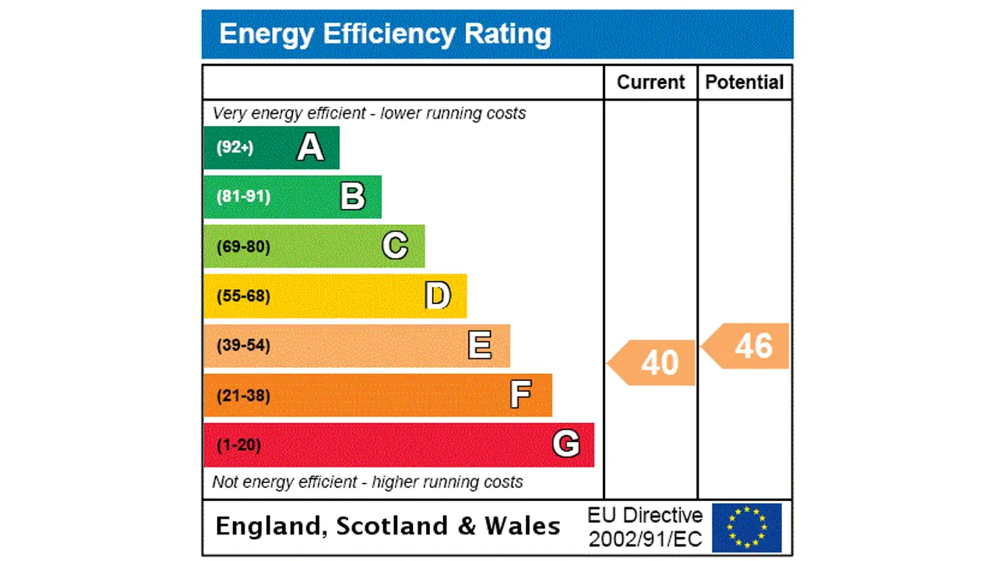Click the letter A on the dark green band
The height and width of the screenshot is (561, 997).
310,147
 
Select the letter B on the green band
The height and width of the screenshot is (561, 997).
353,196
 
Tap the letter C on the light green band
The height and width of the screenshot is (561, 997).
395,246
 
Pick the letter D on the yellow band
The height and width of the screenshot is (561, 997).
438,296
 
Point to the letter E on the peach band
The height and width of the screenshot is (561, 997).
480,345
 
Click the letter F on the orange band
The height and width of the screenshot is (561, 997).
520,395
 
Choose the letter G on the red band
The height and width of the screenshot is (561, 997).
565,444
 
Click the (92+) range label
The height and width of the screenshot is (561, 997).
234,147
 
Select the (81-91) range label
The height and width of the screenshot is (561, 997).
243,196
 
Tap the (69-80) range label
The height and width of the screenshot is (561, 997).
243,247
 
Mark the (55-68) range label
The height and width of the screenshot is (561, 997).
243,296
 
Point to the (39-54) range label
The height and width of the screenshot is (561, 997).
243,345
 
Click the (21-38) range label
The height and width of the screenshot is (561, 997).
243,396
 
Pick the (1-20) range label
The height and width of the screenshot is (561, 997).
238,445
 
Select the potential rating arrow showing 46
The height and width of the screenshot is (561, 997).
747,346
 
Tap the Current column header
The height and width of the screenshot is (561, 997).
650,83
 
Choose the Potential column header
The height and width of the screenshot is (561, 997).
745,83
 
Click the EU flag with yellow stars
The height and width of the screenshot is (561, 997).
746,527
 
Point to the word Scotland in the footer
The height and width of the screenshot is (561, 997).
393,527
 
